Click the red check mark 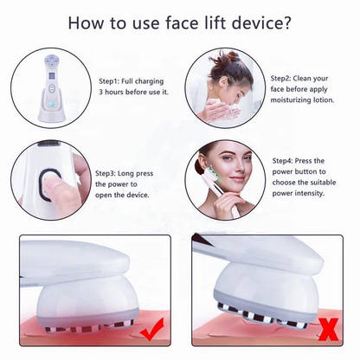pyautogui.click(x=151, y=330)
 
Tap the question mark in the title pyautogui.click(x=286, y=22)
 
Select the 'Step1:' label pyautogui.click(x=109, y=81)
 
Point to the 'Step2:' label pyautogui.click(x=280, y=79)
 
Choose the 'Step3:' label pyautogui.click(x=106, y=173)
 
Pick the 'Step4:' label pyautogui.click(x=283, y=161)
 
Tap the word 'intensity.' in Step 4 pyautogui.click(x=311, y=193)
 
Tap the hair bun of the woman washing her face pyautogui.click(x=222, y=57)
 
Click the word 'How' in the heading pyautogui.click(x=85, y=22)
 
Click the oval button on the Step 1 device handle pyautogui.click(x=52, y=88)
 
